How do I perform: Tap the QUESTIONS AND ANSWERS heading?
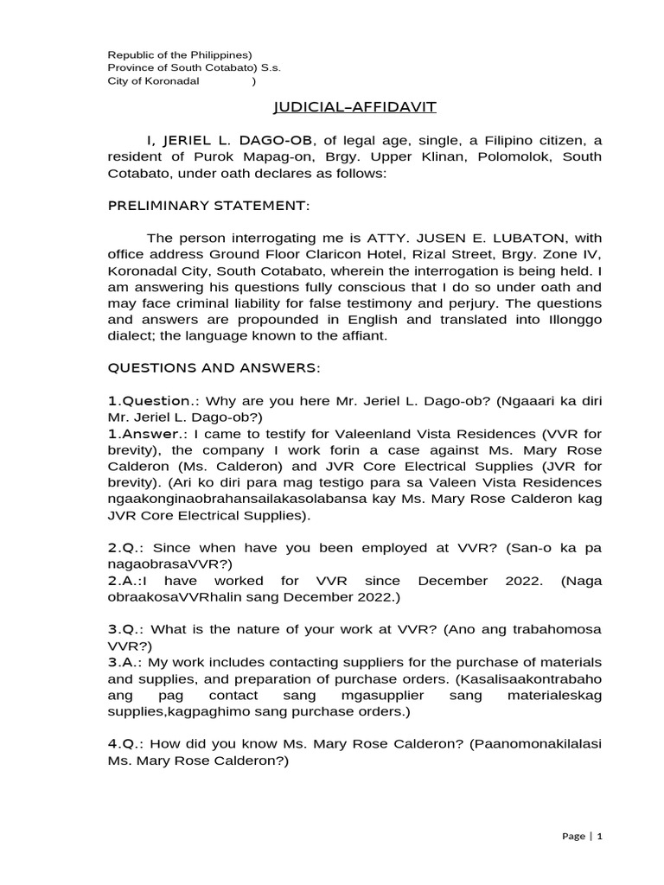click(214, 368)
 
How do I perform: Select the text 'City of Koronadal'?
click(153, 81)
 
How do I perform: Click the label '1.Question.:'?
click(150, 401)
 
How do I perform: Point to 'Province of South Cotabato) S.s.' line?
click(194, 67)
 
